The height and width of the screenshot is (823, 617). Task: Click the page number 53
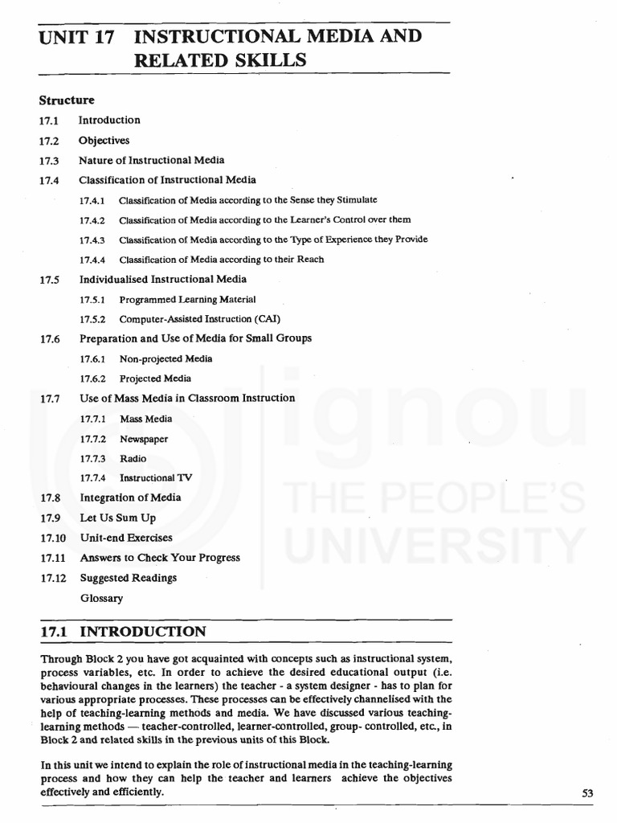[x=586, y=793]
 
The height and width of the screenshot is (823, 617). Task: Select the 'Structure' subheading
[x=67, y=100]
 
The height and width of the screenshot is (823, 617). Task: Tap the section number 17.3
[x=49, y=160]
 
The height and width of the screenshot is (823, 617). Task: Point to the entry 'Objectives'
[x=104, y=140]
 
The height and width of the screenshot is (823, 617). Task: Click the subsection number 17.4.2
[x=92, y=219]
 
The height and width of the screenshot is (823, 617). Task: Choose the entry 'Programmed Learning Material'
[x=187, y=299]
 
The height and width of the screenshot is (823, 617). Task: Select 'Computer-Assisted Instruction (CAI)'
[x=200, y=319]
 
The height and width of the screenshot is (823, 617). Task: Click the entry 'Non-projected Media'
[x=165, y=358]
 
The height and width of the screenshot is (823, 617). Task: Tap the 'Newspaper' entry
[x=144, y=439]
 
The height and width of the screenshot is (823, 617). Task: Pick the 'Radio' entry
[x=133, y=458]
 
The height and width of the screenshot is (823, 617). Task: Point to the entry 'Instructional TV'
[x=156, y=478]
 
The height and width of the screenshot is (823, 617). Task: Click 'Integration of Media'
[x=130, y=497]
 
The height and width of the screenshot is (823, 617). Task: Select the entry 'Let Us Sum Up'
[x=117, y=518]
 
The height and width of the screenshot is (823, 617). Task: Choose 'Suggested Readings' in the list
[x=128, y=578]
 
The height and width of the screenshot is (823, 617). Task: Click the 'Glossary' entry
[x=101, y=598]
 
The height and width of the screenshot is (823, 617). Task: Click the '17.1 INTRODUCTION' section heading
[x=123, y=632]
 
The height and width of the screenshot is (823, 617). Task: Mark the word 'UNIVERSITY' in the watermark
[x=437, y=547]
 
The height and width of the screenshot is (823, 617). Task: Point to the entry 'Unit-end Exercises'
[x=126, y=538]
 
